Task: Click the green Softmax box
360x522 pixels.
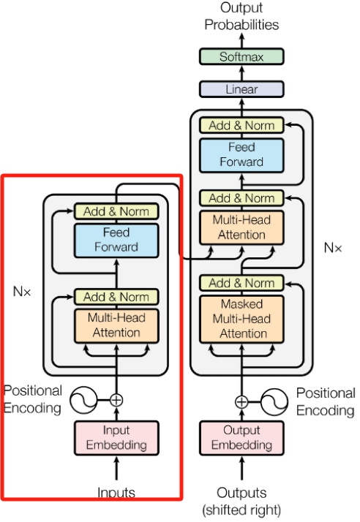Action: [241, 56]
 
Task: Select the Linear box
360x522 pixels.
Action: [241, 89]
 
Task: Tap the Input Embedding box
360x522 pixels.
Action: [116, 438]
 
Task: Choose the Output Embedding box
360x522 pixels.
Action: [241, 438]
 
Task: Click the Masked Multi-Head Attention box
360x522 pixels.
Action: [241, 319]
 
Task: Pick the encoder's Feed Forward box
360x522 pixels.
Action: [116, 241]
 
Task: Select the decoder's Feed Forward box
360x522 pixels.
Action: [241, 155]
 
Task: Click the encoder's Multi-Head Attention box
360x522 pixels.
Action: [116, 325]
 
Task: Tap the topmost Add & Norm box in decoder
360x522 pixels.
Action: [241, 125]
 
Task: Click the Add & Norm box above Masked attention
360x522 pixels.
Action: [241, 283]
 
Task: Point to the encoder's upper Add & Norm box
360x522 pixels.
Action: [116, 211]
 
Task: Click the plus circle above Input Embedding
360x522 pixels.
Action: [116, 400]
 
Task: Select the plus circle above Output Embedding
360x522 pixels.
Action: [241, 402]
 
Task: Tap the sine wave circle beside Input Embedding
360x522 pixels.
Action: [83, 400]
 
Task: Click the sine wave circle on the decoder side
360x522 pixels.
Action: [274, 402]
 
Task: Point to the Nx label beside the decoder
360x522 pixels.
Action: [333, 248]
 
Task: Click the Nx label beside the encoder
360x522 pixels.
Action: [22, 291]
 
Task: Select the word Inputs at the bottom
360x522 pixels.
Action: [116, 492]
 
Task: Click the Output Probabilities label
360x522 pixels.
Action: [241, 16]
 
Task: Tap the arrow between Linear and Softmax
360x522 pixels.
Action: [241, 73]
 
